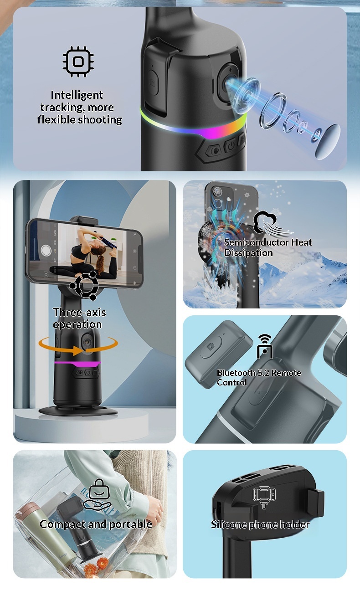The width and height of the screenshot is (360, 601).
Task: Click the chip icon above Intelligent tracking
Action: tap(78, 62)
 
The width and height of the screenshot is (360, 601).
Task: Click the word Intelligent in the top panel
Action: tap(77, 95)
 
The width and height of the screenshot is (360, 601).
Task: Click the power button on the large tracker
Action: tap(231, 146)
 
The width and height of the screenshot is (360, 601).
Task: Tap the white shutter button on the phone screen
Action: tap(46, 250)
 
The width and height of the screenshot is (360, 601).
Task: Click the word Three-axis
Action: tap(79, 312)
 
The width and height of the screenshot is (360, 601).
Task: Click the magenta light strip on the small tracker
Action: tap(77, 364)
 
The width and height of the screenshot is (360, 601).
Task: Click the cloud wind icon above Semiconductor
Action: tap(271, 223)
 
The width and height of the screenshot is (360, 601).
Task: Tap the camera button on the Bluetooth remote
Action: tap(211, 346)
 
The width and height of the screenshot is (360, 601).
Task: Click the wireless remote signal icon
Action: tap(265, 346)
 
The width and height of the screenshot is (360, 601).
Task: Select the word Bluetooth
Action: tap(236, 373)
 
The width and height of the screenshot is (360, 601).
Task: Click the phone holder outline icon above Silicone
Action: tap(264, 497)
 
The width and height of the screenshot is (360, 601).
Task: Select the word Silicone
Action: tap(229, 524)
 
